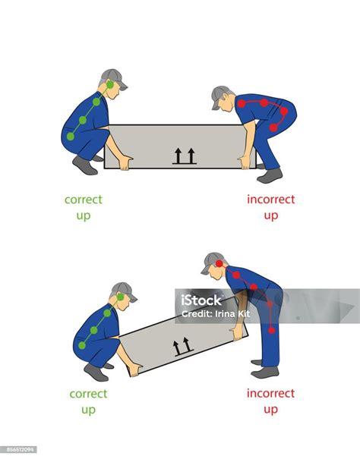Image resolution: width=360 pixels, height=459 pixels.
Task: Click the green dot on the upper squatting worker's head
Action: pos(110,85)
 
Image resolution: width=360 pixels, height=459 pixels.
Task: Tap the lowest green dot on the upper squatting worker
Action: pos(71,137)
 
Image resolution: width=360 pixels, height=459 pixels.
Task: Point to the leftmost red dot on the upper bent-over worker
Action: pos(242,103)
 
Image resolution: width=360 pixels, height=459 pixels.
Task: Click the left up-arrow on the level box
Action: pos(178,156)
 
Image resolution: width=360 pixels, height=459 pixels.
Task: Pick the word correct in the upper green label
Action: pos(84,200)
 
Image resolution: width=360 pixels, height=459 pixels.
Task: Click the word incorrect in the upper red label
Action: pos(271,200)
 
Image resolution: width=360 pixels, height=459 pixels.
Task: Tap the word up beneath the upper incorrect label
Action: pos(271,216)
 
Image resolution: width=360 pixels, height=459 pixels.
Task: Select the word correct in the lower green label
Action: pos(88,394)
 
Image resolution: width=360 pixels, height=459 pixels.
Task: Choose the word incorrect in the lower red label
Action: pos(270,394)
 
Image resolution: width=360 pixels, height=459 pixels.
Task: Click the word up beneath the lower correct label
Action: pos(89,410)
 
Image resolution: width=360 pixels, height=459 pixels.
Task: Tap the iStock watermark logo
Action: pos(201,300)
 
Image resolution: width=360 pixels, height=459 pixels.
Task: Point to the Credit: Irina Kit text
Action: pos(216,314)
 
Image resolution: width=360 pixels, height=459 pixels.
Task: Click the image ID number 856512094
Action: pos(20,449)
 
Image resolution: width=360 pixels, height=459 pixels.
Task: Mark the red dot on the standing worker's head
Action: pos(219,264)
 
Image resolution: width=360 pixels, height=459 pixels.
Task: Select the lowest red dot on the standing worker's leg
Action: pos(272,331)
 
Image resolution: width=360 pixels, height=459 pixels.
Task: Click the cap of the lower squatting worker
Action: pos(124,291)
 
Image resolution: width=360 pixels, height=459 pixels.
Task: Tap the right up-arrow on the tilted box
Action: pos(186,344)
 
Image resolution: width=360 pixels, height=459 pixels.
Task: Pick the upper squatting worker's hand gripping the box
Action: pos(125,162)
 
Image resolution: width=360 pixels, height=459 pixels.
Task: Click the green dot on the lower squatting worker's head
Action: pos(121,297)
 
